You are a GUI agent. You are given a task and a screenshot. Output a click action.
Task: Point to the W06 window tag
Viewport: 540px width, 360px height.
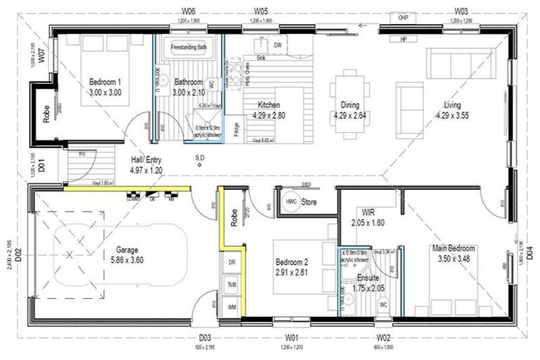tap(188, 12)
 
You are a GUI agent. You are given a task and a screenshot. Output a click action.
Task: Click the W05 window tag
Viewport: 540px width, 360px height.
tap(261, 12)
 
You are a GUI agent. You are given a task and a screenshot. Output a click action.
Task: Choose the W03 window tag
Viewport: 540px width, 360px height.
tap(461, 12)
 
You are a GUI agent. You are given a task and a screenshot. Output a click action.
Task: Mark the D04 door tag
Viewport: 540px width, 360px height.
tap(529, 250)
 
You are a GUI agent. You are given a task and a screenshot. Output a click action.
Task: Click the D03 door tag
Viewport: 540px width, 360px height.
tap(205, 337)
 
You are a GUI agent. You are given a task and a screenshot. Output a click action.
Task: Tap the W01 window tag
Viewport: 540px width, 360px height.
tap(292, 337)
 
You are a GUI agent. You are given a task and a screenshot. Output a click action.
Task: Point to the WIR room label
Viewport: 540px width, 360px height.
tap(367, 212)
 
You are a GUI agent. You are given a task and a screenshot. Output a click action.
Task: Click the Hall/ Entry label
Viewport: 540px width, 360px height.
tap(146, 160)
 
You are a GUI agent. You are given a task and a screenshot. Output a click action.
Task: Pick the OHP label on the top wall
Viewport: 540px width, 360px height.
tap(404, 17)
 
